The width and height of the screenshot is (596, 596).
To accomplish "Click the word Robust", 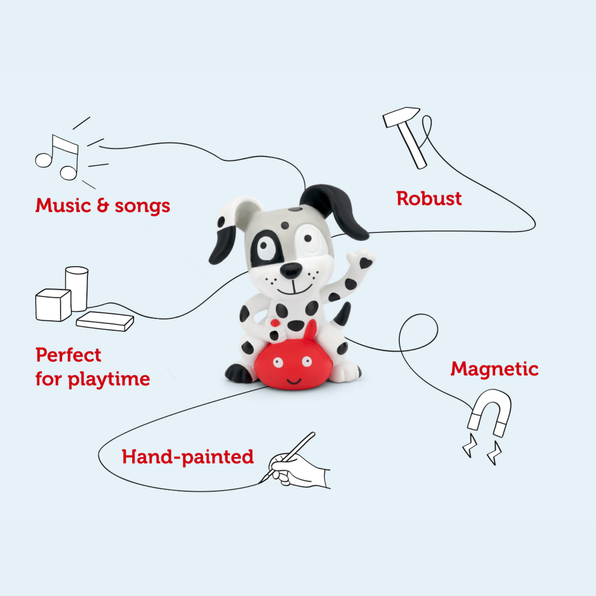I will [x=429, y=199].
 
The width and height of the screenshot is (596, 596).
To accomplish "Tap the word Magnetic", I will [x=494, y=369].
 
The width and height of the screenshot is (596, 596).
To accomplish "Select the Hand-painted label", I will [x=188, y=457].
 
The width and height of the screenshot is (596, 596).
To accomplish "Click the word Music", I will [x=63, y=205].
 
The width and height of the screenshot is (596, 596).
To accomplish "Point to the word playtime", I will [x=109, y=379].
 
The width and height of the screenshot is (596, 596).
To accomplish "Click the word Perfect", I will [x=68, y=355].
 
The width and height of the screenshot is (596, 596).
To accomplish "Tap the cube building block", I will [x=52, y=305].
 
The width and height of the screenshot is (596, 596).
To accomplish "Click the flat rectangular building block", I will [x=105, y=321].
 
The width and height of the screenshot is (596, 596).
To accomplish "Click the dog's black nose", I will [x=291, y=270].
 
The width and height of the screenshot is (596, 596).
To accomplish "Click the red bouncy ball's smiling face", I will [x=292, y=370].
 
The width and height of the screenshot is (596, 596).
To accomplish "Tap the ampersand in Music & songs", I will [x=103, y=205].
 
